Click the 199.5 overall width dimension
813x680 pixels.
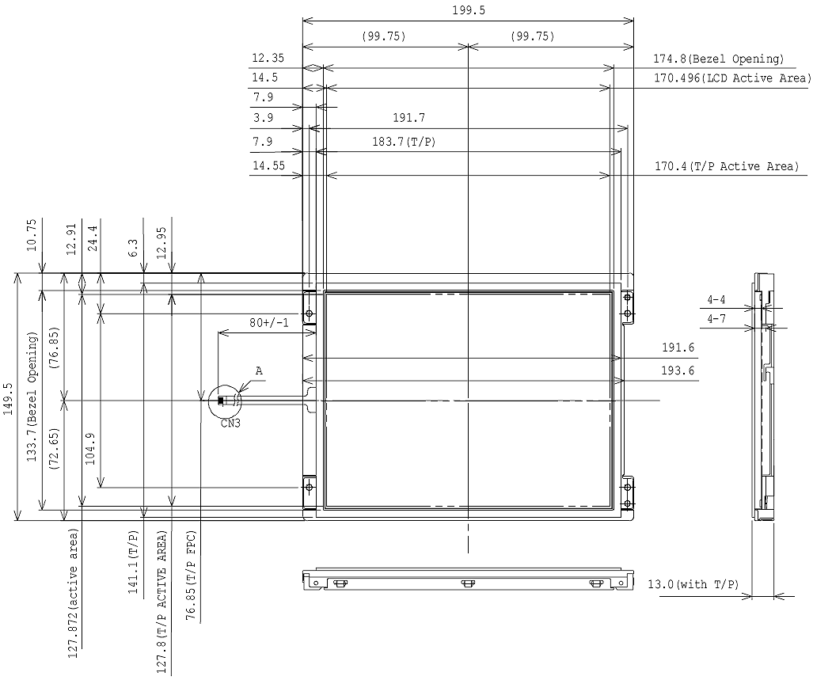469,10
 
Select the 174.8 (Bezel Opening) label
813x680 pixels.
718,59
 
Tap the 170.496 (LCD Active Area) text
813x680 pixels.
732,78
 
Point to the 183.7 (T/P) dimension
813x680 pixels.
404,141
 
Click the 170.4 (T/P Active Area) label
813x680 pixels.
727,166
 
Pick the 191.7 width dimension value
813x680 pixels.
408,118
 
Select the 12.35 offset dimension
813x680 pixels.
268,58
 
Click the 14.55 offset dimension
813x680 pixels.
268,166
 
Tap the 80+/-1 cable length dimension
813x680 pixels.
268,323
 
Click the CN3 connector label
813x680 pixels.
230,424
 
